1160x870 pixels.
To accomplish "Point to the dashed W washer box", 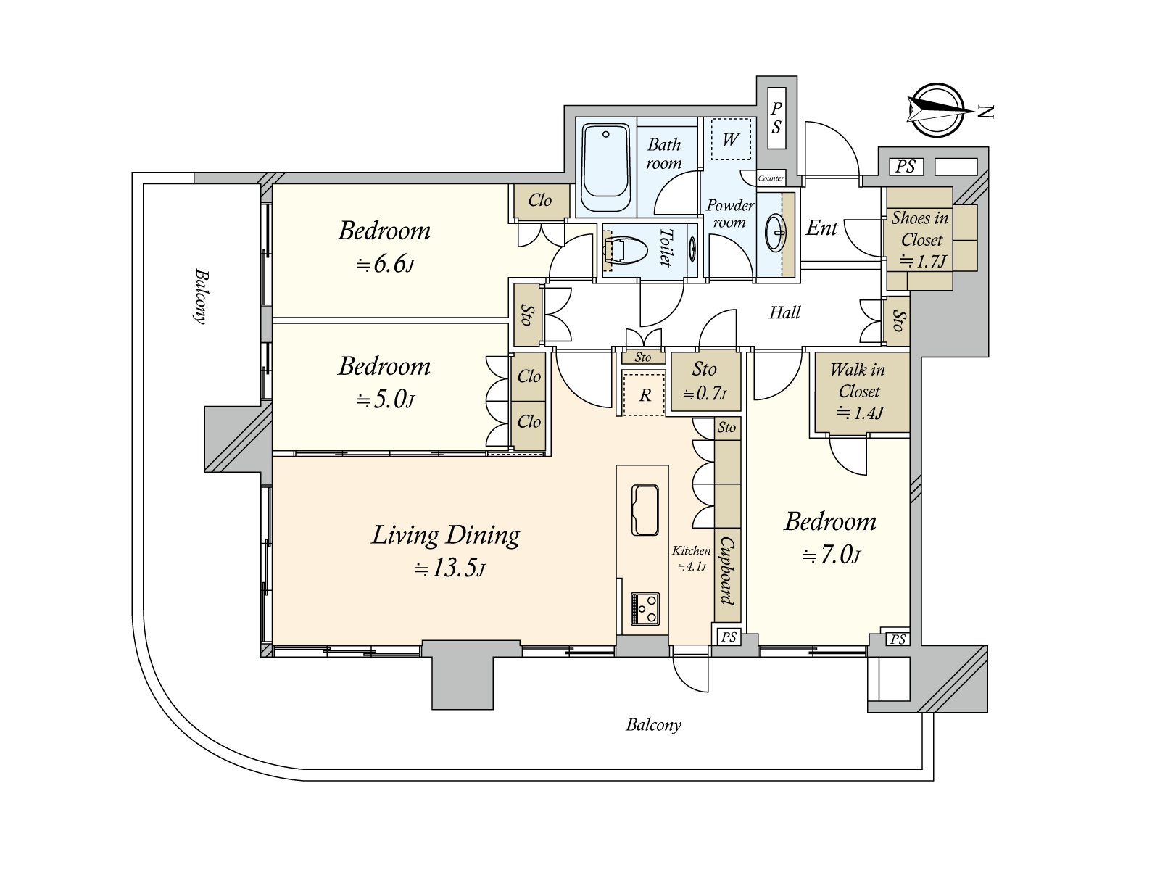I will pos(730,138).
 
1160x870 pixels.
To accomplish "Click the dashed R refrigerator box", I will pos(644,394).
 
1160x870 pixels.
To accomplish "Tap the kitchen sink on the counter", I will pos(645,509).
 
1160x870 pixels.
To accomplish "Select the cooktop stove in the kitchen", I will pos(645,608).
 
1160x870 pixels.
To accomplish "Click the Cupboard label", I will pos(726,571).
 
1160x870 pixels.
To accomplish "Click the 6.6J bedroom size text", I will pos(385,265).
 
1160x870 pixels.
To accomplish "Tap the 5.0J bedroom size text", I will pos(385,400).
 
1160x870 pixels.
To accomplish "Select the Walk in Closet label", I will pos(859,380).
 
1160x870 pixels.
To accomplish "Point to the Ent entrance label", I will pos(821,228).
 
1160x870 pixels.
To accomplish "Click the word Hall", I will pos(784,312).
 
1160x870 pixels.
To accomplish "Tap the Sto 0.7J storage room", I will pos(704,381).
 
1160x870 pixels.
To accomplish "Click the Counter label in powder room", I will pos(771,178).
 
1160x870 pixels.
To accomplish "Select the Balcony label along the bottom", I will pos(653,724).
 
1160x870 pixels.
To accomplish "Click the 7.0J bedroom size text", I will pos(831,556).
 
